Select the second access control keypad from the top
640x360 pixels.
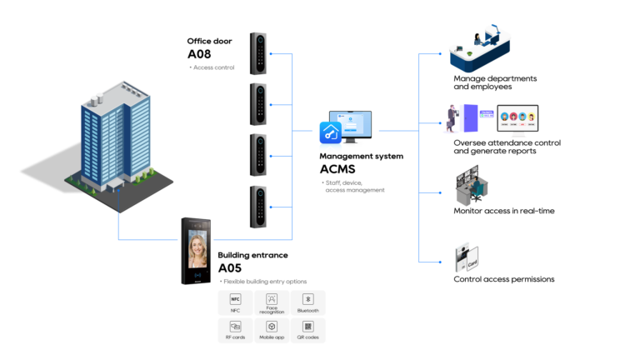click(x=260, y=104)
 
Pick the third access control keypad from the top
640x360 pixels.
click(x=260, y=155)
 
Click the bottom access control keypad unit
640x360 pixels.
click(x=260, y=207)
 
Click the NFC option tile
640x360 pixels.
click(x=235, y=302)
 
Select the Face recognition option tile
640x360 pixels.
click(x=272, y=302)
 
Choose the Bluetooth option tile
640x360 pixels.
click(x=307, y=302)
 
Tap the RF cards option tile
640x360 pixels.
click(x=235, y=330)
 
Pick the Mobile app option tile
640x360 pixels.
click(x=272, y=330)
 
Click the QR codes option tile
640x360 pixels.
click(x=307, y=330)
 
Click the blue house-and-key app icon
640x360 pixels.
click(x=331, y=132)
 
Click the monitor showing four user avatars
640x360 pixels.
click(x=517, y=119)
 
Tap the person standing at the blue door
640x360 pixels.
click(x=452, y=117)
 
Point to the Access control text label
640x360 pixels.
click(x=214, y=67)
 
